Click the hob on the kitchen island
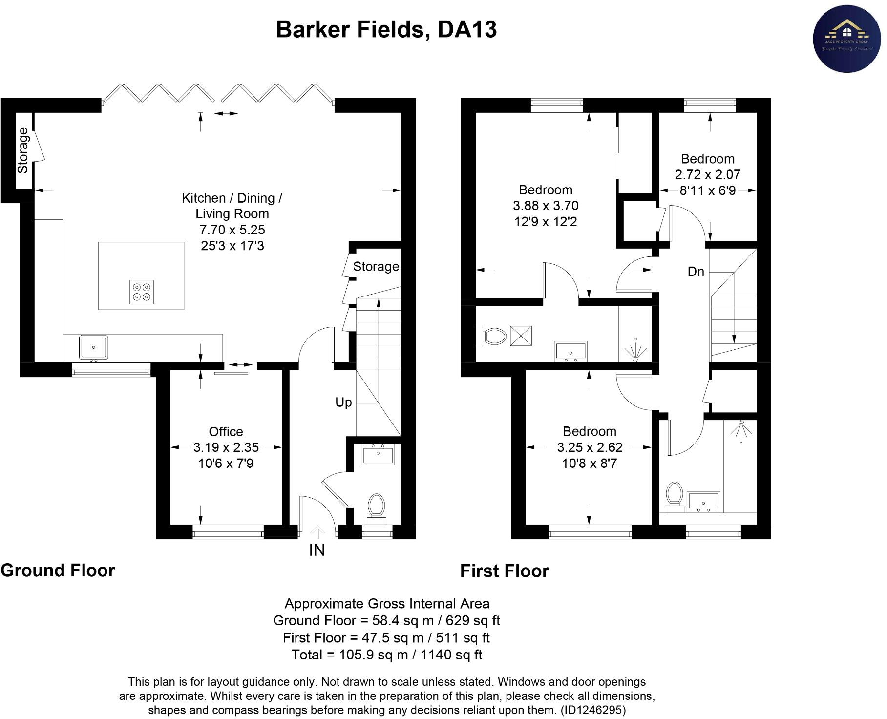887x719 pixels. (142, 292)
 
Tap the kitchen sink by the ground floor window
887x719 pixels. (93, 348)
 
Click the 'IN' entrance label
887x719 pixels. (317, 550)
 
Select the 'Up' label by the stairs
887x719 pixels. (343, 402)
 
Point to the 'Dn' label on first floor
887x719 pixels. (696, 272)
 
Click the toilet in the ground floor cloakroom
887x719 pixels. (377, 506)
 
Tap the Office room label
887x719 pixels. (226, 432)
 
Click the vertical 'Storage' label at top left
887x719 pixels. (23, 150)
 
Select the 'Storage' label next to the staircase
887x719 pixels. (376, 267)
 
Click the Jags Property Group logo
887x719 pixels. (847, 39)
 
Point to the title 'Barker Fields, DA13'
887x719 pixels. (386, 29)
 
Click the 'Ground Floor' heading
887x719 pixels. (58, 571)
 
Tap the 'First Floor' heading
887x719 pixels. (505, 571)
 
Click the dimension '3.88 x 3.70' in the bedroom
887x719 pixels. (546, 206)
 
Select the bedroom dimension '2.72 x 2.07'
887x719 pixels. (707, 174)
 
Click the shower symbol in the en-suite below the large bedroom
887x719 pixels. (635, 349)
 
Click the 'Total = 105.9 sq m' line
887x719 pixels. (386, 655)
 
